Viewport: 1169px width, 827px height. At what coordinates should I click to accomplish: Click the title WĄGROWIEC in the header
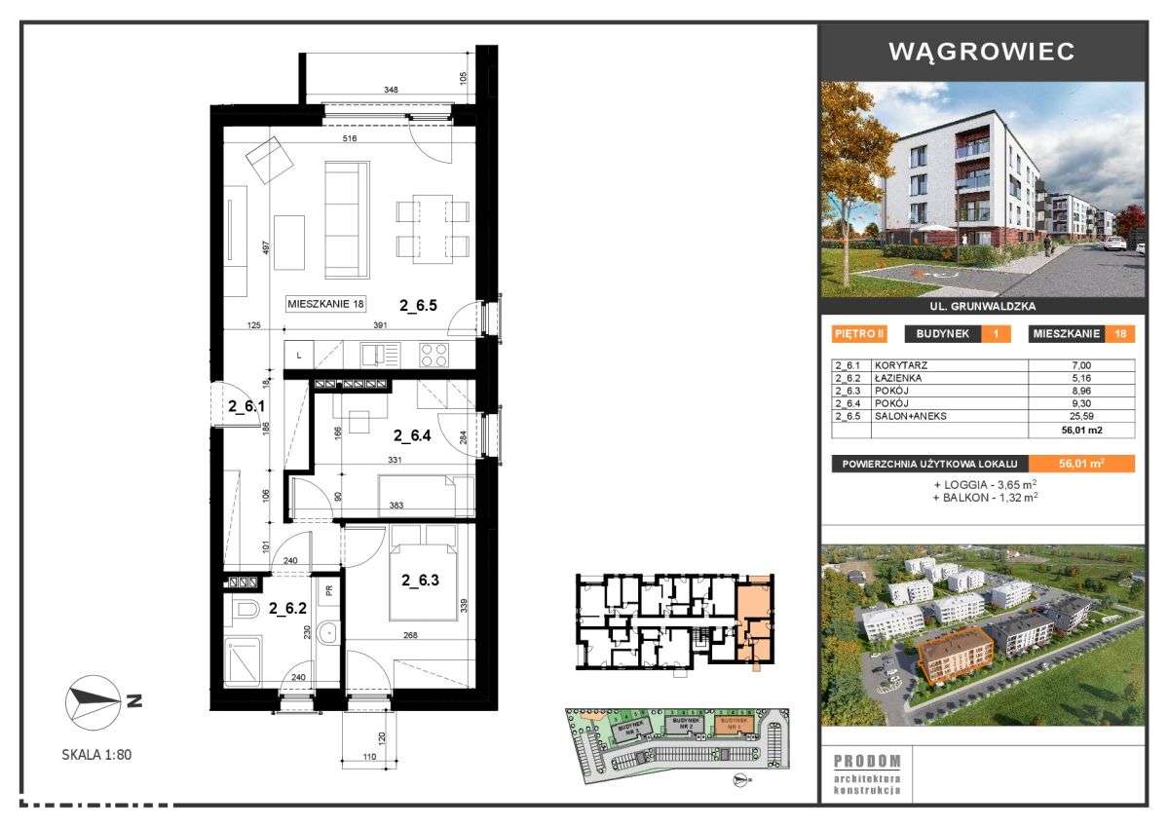[982, 52]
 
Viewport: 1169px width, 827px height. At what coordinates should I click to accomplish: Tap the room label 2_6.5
[420, 304]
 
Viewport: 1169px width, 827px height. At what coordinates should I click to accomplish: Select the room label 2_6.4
[412, 435]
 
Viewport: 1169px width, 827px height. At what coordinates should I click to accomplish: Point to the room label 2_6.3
[421, 581]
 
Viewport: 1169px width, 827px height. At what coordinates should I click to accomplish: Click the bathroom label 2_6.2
[288, 608]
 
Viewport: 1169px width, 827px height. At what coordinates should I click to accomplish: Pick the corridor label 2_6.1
[246, 407]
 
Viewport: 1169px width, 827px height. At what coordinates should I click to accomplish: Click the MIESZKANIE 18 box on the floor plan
[326, 304]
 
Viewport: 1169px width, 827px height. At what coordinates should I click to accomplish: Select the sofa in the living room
[347, 219]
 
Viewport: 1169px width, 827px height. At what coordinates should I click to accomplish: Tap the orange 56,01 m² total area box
[1081, 464]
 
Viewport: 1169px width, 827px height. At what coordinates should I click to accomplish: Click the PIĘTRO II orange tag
[859, 333]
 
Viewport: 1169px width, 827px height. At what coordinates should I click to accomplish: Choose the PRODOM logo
[867, 761]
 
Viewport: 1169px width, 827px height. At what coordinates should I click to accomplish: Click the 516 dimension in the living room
[350, 139]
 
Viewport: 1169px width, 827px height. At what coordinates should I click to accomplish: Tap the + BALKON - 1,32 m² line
[984, 497]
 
